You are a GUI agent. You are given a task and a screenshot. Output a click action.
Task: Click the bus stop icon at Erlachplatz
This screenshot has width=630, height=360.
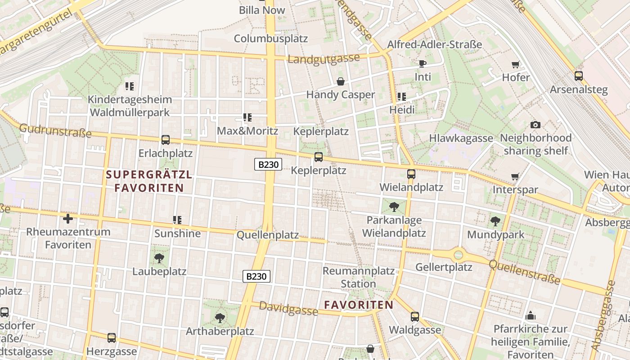click(x=166, y=140)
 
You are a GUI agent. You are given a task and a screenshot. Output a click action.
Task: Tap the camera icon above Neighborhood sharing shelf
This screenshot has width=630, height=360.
click(x=535, y=125)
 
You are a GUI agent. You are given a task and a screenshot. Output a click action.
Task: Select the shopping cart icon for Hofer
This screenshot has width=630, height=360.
click(x=516, y=64)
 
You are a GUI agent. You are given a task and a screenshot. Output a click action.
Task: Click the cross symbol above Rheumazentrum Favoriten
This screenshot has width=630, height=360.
click(x=68, y=219)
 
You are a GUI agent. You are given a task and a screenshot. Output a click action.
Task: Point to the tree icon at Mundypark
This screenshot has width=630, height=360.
click(x=495, y=221)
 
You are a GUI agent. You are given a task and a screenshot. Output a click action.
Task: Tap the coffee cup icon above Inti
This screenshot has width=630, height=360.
click(x=422, y=63)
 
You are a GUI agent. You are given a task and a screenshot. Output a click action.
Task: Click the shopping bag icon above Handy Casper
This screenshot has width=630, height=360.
click(x=341, y=81)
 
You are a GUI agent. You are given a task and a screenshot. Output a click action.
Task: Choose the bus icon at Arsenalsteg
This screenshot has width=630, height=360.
click(x=579, y=76)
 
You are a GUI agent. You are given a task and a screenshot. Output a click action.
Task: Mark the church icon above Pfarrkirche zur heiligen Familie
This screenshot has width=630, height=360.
click(x=531, y=315)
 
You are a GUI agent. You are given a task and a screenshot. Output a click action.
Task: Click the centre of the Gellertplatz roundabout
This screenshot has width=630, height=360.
click(x=458, y=255)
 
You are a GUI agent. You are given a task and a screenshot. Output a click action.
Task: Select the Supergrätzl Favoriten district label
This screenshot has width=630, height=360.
click(x=149, y=181)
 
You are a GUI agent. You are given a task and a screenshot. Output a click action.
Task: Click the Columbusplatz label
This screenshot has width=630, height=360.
click(x=271, y=38)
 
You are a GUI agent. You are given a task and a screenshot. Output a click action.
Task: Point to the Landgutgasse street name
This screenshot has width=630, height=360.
click(x=324, y=59)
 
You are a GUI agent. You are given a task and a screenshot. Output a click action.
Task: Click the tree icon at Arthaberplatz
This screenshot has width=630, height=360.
click(x=220, y=318)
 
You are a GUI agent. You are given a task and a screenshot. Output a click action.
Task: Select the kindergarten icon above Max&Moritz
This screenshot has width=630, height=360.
click(x=247, y=117)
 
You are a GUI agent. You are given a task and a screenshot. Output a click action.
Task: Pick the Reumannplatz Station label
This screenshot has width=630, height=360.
click(x=358, y=277)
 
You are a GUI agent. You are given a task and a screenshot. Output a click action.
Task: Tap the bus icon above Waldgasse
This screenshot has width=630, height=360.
click(x=415, y=317)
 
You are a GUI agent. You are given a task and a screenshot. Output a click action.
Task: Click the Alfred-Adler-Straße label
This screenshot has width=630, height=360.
click(x=435, y=45)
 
